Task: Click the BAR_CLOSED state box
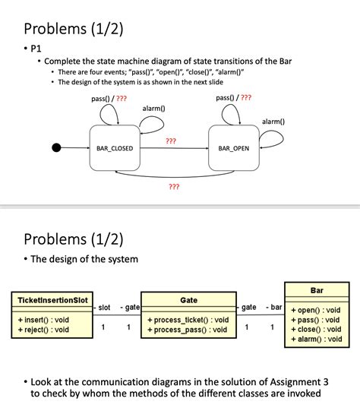[115, 147]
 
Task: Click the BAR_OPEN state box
[233, 147]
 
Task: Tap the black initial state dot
[56, 147]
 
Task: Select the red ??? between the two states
[171, 141]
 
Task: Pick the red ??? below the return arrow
[174, 186]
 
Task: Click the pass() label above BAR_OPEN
[226, 98]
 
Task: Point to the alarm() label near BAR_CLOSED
[153, 109]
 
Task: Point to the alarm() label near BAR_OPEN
[273, 122]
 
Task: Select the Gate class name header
[188, 301]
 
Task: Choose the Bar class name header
[317, 291]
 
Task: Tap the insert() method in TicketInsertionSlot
[43, 320]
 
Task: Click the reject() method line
[43, 330]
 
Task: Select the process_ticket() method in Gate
[188, 320]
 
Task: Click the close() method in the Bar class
[315, 330]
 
